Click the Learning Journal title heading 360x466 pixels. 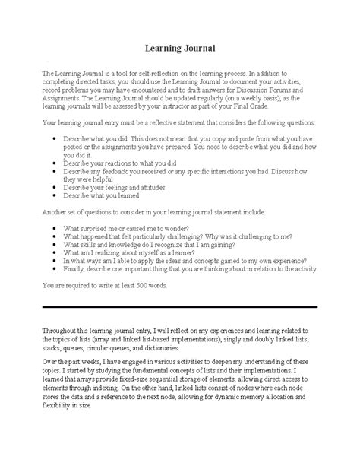click(180, 48)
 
